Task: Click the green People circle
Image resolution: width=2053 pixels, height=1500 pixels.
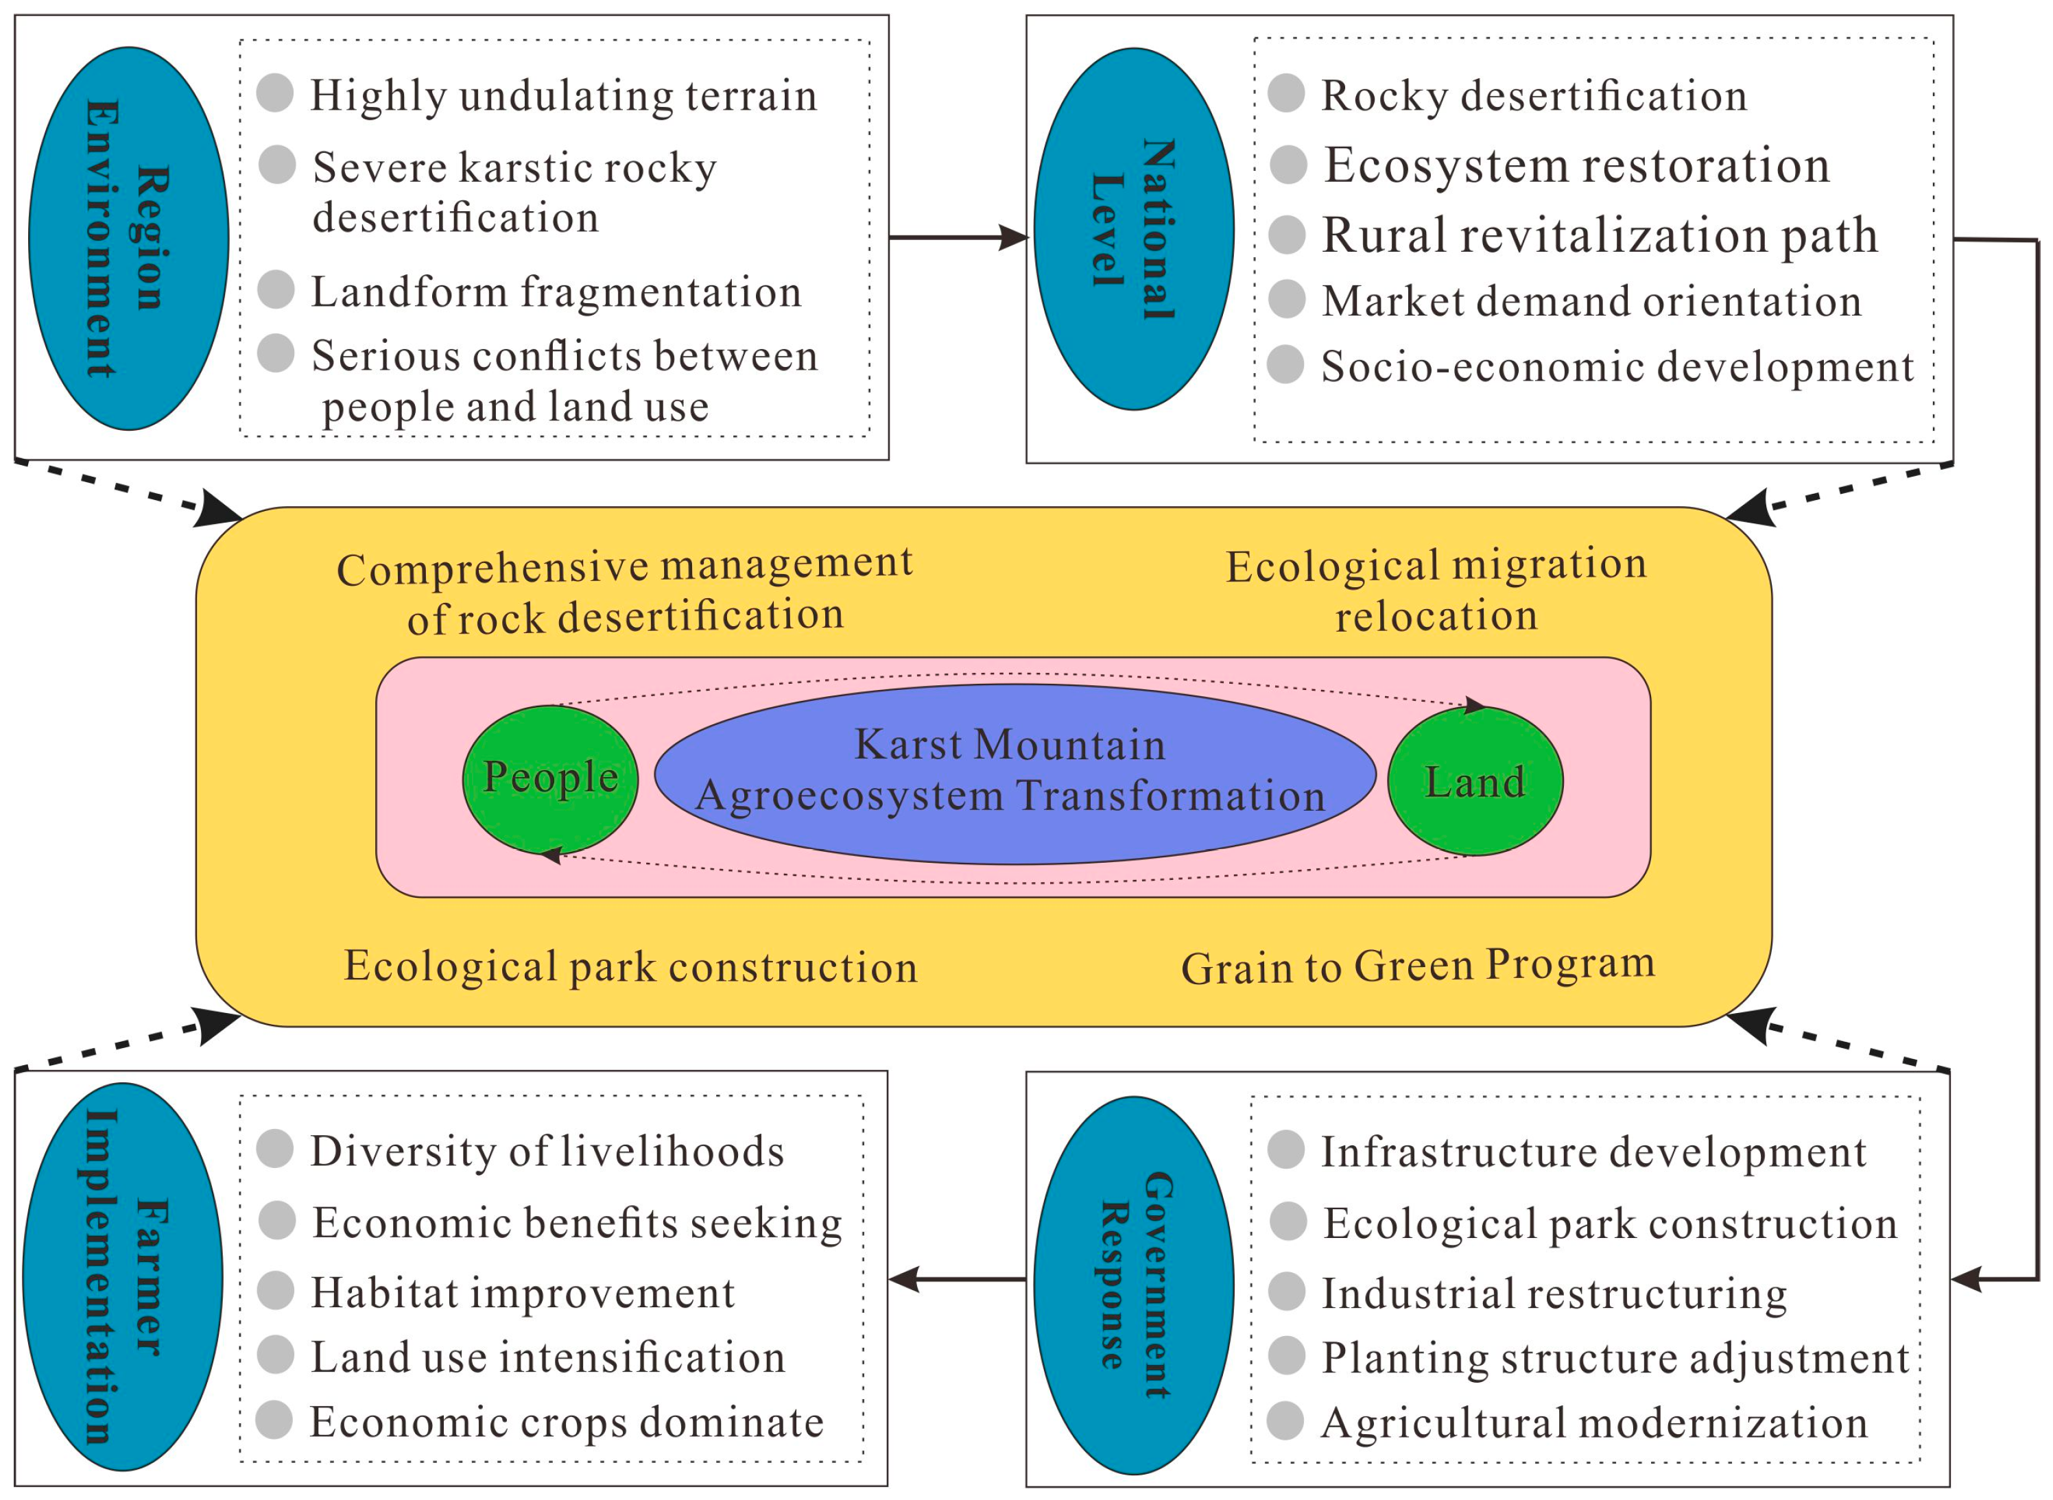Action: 550,779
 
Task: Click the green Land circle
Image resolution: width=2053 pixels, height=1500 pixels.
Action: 1475,781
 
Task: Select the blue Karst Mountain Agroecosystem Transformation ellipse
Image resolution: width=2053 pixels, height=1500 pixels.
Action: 1014,774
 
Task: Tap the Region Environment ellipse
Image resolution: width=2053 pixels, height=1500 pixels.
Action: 128,238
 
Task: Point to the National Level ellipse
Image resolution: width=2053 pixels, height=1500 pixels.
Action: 1133,229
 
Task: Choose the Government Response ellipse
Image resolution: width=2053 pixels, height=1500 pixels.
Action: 1133,1284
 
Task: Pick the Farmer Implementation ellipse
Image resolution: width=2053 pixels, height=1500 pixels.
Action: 123,1276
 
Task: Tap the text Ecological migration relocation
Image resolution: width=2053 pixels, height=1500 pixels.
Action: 1436,591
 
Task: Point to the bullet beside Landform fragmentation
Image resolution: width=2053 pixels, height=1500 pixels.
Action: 276,289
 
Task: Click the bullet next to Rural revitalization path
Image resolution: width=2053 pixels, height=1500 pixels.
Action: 1287,235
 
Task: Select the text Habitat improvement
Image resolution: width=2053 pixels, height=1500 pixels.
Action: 522,1293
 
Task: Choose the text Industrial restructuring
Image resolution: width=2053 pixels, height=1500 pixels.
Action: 1554,1294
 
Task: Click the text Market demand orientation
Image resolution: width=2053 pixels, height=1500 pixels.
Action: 1591,300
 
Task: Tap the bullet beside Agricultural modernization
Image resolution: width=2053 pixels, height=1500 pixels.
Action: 1285,1421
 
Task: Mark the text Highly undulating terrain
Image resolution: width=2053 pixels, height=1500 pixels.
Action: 563,95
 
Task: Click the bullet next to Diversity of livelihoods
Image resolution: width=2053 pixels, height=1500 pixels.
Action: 275,1149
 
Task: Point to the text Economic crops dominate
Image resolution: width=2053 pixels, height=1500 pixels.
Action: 567,1422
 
